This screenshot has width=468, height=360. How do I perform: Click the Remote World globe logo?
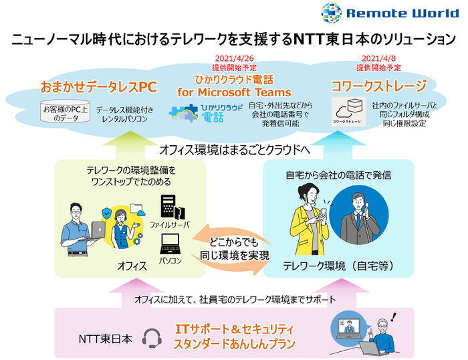[x=332, y=13]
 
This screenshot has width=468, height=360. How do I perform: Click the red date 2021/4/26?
[x=234, y=59]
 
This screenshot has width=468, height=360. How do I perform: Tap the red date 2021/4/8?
[x=378, y=59]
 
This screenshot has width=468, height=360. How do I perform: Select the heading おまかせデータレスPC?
[x=99, y=87]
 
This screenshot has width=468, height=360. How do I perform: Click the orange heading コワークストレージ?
[x=378, y=86]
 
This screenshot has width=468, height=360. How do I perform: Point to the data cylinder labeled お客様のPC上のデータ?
[x=66, y=111]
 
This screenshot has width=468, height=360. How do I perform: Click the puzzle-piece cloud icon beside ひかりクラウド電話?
[x=184, y=113]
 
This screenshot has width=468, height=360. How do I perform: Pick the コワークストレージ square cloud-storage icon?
[x=348, y=112]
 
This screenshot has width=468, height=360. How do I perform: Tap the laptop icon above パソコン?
[x=170, y=244]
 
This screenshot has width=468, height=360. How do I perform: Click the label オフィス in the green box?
[x=132, y=266]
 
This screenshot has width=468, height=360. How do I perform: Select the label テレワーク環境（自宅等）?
[x=338, y=266]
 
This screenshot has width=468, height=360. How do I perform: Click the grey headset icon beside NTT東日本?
[x=152, y=338]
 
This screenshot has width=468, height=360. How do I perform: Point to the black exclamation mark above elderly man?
[x=394, y=317]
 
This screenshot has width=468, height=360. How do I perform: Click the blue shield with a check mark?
[x=106, y=213]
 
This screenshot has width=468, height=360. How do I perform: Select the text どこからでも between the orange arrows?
[x=234, y=242]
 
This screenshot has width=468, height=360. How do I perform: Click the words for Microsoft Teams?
[x=234, y=92]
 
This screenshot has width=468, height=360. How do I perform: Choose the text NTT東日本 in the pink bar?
[x=106, y=339]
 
